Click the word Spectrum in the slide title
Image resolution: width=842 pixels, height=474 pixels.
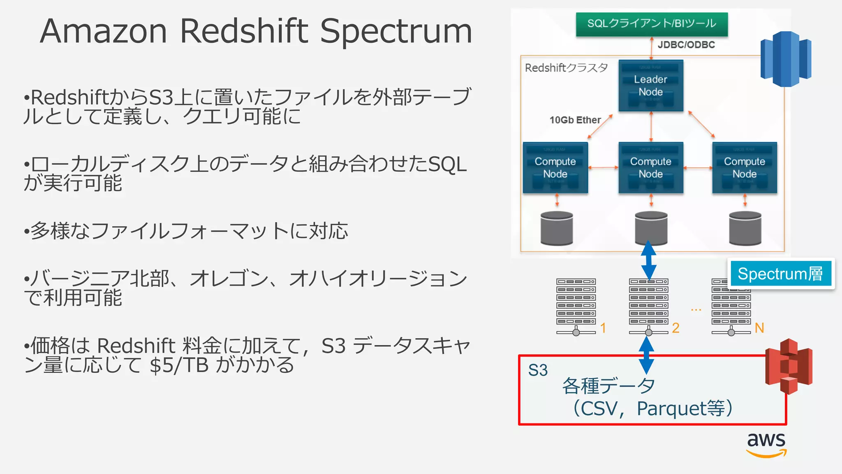[x=396, y=31]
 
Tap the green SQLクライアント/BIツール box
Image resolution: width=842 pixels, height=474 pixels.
[x=652, y=24]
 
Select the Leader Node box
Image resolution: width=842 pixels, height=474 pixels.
[x=651, y=86]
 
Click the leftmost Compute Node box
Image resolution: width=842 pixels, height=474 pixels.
[x=555, y=167]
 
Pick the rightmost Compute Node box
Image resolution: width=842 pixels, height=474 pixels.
[x=744, y=167]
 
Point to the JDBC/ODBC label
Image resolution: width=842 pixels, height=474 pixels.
[x=686, y=45]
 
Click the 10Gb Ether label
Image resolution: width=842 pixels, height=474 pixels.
[x=575, y=120]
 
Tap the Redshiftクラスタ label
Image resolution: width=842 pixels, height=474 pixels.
[x=566, y=68]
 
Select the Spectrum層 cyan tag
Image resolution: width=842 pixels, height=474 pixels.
[x=780, y=274]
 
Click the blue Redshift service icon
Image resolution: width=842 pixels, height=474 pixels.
[x=786, y=59]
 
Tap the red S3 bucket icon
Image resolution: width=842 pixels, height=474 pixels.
[x=789, y=366]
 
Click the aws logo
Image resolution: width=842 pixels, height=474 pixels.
[x=766, y=444]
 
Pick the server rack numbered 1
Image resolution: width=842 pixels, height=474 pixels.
[x=576, y=306]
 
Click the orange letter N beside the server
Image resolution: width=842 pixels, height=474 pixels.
[x=759, y=328]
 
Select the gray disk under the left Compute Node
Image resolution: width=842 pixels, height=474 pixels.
[x=557, y=228]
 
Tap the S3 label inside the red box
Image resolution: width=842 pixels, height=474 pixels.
[x=538, y=370]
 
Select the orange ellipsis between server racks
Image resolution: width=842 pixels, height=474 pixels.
[x=696, y=309]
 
